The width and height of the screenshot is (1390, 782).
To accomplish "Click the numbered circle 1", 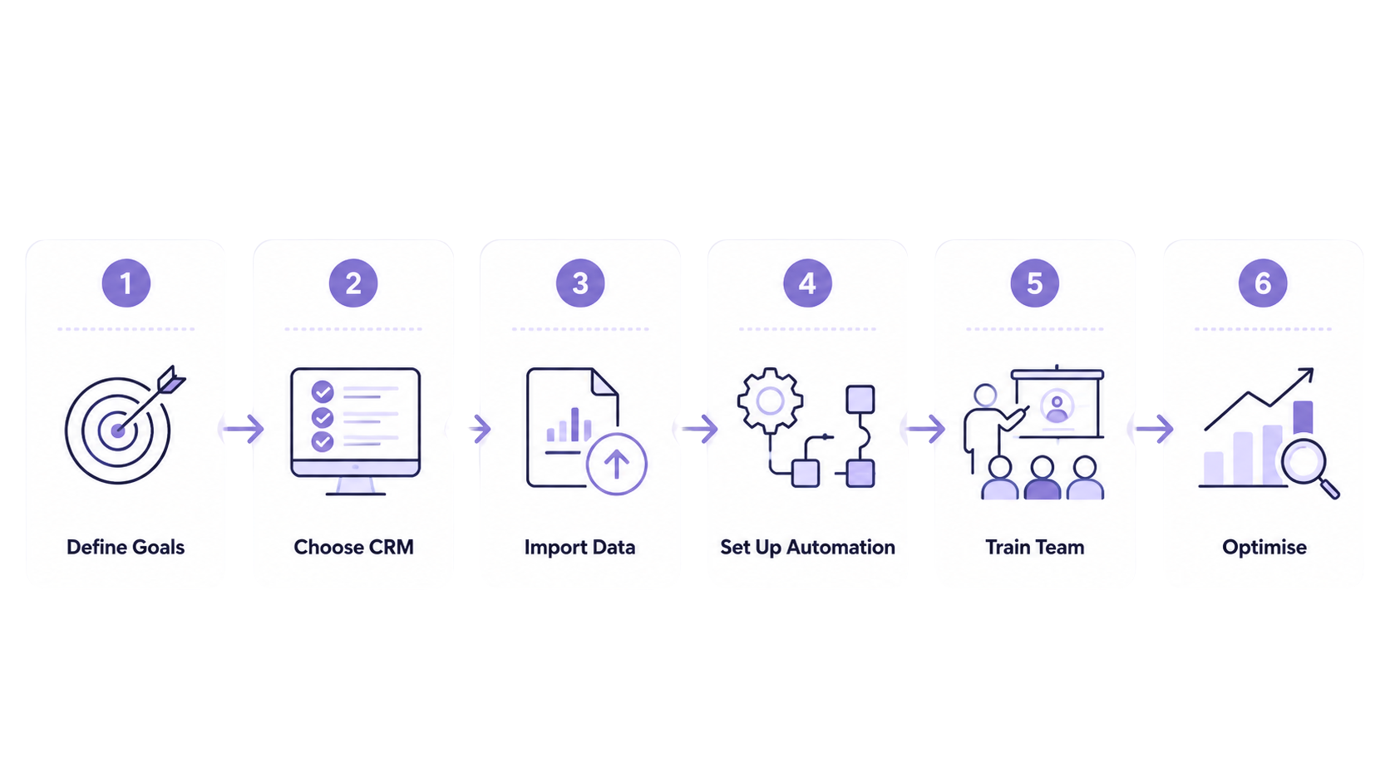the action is click(x=126, y=283).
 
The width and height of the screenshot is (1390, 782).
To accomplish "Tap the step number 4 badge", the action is click(x=807, y=283).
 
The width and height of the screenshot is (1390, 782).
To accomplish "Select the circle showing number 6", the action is click(x=1263, y=283).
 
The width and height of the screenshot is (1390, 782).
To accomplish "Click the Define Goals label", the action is click(x=126, y=547).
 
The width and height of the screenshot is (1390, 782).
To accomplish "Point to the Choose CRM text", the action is click(x=353, y=547).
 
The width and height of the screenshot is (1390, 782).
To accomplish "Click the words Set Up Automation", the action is click(x=807, y=548).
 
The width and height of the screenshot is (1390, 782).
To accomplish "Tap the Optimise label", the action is click(x=1264, y=548).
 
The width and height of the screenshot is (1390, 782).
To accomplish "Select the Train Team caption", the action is click(x=1034, y=547).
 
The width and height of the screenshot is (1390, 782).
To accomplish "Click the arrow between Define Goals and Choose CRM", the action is click(x=244, y=429).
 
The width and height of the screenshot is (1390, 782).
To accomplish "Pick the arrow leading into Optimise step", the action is click(x=1154, y=429).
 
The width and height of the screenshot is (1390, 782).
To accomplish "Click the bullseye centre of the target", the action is click(x=117, y=430).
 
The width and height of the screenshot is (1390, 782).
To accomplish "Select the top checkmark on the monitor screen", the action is click(x=322, y=392).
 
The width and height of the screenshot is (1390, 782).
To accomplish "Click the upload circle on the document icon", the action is click(x=616, y=464).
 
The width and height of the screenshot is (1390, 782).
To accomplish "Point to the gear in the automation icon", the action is click(x=770, y=401).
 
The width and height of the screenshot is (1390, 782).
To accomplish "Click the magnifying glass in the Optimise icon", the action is click(x=1310, y=468).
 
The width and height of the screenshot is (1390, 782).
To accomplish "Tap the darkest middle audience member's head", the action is click(x=1042, y=467).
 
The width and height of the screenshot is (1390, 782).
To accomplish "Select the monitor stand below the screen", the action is click(x=356, y=485).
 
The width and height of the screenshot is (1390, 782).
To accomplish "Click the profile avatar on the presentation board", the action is click(x=1057, y=406).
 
